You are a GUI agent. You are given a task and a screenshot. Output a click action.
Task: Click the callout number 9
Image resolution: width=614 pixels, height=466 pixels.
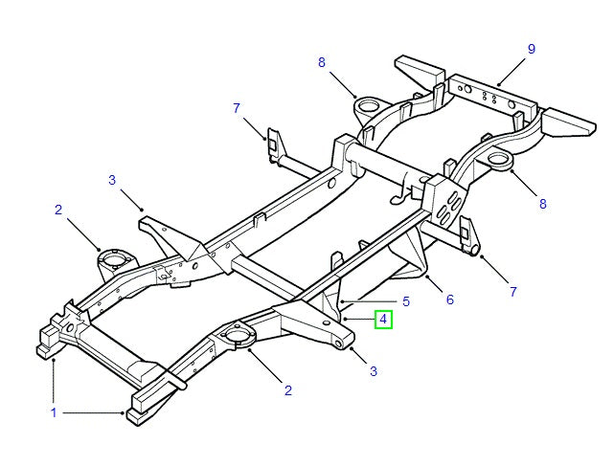[531, 49]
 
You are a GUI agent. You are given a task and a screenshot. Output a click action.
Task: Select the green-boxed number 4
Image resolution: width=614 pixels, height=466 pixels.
[383, 320]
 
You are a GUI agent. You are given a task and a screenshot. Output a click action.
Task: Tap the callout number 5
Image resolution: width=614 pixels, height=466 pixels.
[405, 301]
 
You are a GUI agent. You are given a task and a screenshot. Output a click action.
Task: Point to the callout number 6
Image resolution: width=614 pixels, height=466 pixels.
[449, 300]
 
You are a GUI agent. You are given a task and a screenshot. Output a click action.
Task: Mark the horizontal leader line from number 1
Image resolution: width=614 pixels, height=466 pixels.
[91, 412]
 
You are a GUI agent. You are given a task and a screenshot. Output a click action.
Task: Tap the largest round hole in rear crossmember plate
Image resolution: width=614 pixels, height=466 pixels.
[469, 89]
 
